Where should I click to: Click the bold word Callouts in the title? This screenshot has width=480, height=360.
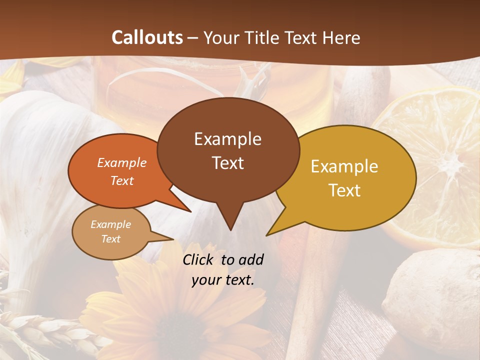click(147, 37)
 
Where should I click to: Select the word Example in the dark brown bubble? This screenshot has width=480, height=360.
click(227, 139)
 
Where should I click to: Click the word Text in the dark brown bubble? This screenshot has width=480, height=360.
click(227, 163)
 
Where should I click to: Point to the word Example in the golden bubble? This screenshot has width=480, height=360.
click(344, 166)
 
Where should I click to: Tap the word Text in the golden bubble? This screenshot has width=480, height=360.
click(344, 190)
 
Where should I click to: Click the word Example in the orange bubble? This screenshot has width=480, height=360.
click(122, 163)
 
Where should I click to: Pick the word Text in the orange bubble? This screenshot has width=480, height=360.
click(122, 180)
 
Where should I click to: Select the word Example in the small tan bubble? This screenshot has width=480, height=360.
click(110, 224)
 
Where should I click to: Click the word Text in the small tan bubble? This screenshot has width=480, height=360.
click(110, 239)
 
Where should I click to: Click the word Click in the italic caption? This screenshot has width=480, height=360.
click(198, 259)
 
